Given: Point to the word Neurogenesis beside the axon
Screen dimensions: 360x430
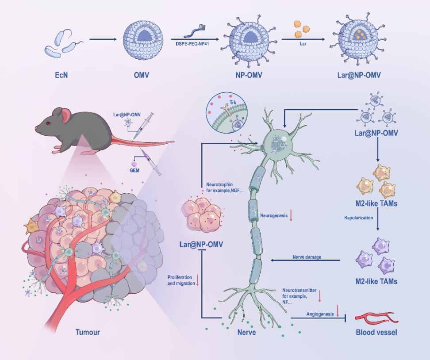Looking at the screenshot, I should click(x=274, y=216).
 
